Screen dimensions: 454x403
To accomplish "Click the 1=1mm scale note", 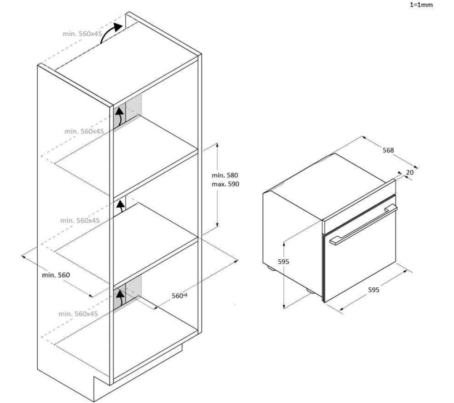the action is [x=421, y=5].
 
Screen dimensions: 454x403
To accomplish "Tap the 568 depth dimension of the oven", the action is [x=388, y=150].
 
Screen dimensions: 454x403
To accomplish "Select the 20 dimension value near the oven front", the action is [x=410, y=172].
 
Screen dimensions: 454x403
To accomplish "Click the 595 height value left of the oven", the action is [x=283, y=262].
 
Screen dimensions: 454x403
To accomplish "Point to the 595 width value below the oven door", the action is [x=374, y=289].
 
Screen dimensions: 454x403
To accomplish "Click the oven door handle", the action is [x=363, y=224].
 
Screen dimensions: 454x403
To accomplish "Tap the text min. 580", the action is [x=225, y=175].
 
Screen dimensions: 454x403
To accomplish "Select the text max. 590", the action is [x=225, y=184].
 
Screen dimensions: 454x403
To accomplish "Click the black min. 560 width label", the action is [x=56, y=275].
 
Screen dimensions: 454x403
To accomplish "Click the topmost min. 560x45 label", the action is [x=82, y=34].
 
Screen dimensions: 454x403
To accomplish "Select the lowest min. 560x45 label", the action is [x=78, y=314].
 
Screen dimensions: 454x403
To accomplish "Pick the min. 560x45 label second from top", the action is [x=84, y=131].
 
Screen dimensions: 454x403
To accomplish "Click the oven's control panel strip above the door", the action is [x=359, y=207].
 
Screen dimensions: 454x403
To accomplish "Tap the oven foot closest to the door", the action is [x=310, y=291].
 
